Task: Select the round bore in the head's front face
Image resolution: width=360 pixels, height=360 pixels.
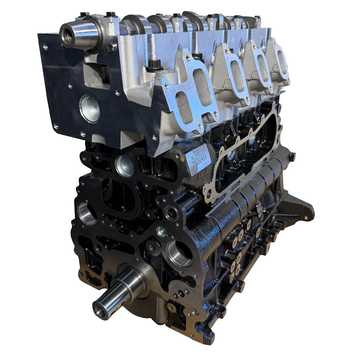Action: click(89, 108)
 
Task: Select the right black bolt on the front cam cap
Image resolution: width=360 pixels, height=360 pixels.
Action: click(109, 15)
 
